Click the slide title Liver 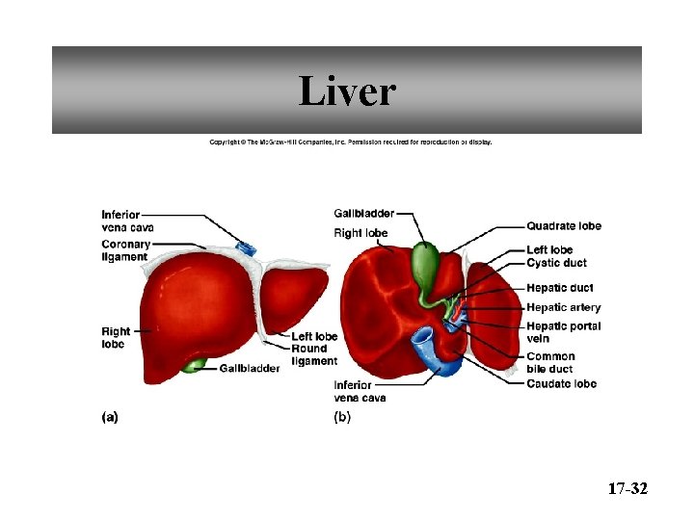click(x=347, y=92)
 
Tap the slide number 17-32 click(x=627, y=490)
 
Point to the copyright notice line click(x=351, y=142)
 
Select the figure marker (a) click(x=110, y=417)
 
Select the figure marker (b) click(x=342, y=417)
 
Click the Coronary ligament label click(x=126, y=250)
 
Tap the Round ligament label click(x=314, y=354)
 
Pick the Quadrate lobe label click(x=563, y=226)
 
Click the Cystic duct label click(x=556, y=263)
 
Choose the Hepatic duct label click(x=559, y=288)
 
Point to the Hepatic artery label click(x=563, y=308)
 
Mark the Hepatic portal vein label click(x=563, y=331)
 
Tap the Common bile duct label click(x=550, y=362)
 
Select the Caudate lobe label click(x=561, y=383)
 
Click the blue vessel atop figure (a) click(x=247, y=248)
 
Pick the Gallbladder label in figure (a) click(x=250, y=368)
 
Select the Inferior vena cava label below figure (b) click(x=360, y=391)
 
